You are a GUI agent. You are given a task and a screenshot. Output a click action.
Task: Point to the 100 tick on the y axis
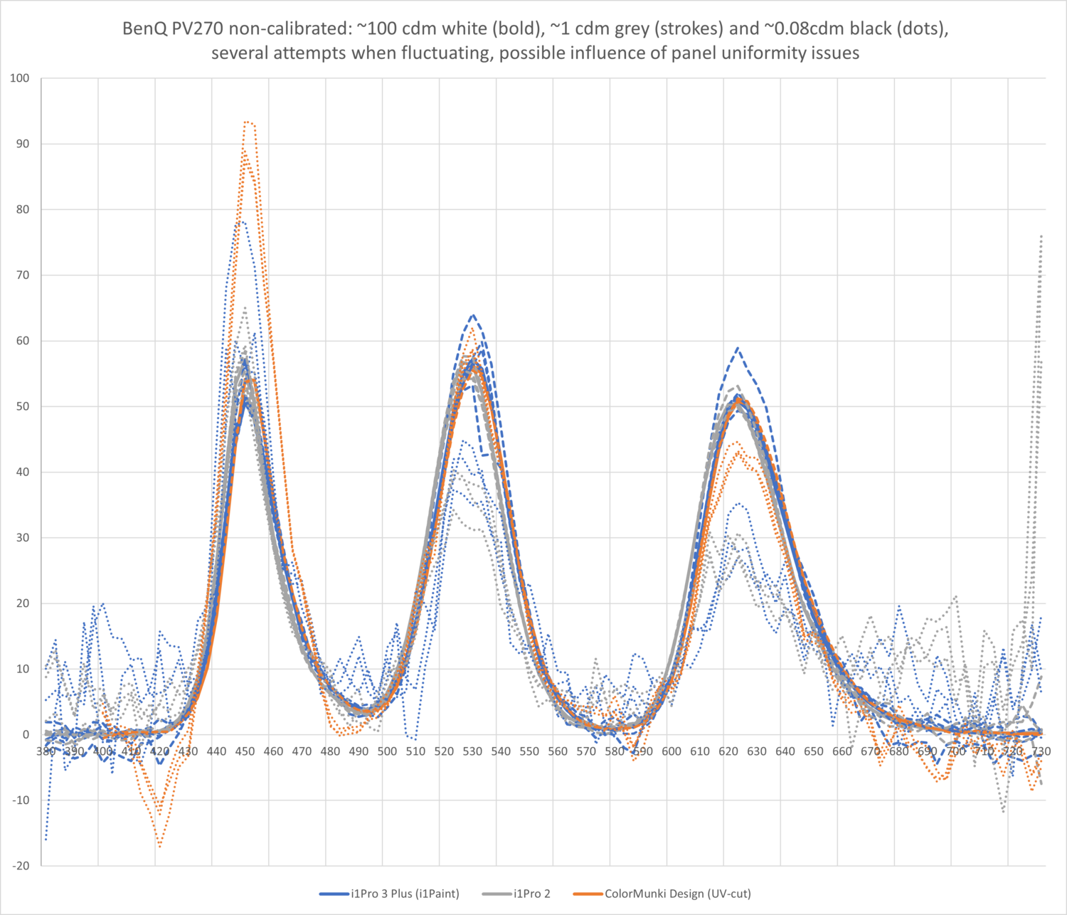pyautogui.click(x=20, y=78)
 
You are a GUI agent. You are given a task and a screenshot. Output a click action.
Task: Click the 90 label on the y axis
pyautogui.click(x=23, y=144)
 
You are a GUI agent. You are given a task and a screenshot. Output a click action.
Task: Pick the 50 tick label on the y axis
pyautogui.click(x=23, y=406)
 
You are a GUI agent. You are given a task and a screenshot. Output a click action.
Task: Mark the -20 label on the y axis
pyautogui.click(x=20, y=866)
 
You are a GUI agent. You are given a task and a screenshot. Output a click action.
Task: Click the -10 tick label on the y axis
pyautogui.click(x=20, y=800)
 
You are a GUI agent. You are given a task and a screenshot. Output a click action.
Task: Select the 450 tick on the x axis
pyautogui.click(x=245, y=751)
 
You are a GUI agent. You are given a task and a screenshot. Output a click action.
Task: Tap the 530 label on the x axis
pyautogui.click(x=472, y=751)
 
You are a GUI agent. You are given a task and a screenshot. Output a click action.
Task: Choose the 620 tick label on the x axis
pyautogui.click(x=728, y=751)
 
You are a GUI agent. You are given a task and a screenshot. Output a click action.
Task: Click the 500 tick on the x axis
pyautogui.click(x=387, y=751)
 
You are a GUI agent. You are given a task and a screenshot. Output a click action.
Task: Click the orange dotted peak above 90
pyautogui.click(x=247, y=122)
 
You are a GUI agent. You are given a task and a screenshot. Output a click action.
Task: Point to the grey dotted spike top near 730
pyautogui.click(x=1041, y=236)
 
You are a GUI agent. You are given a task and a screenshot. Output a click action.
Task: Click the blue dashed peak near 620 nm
pyautogui.click(x=738, y=348)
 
